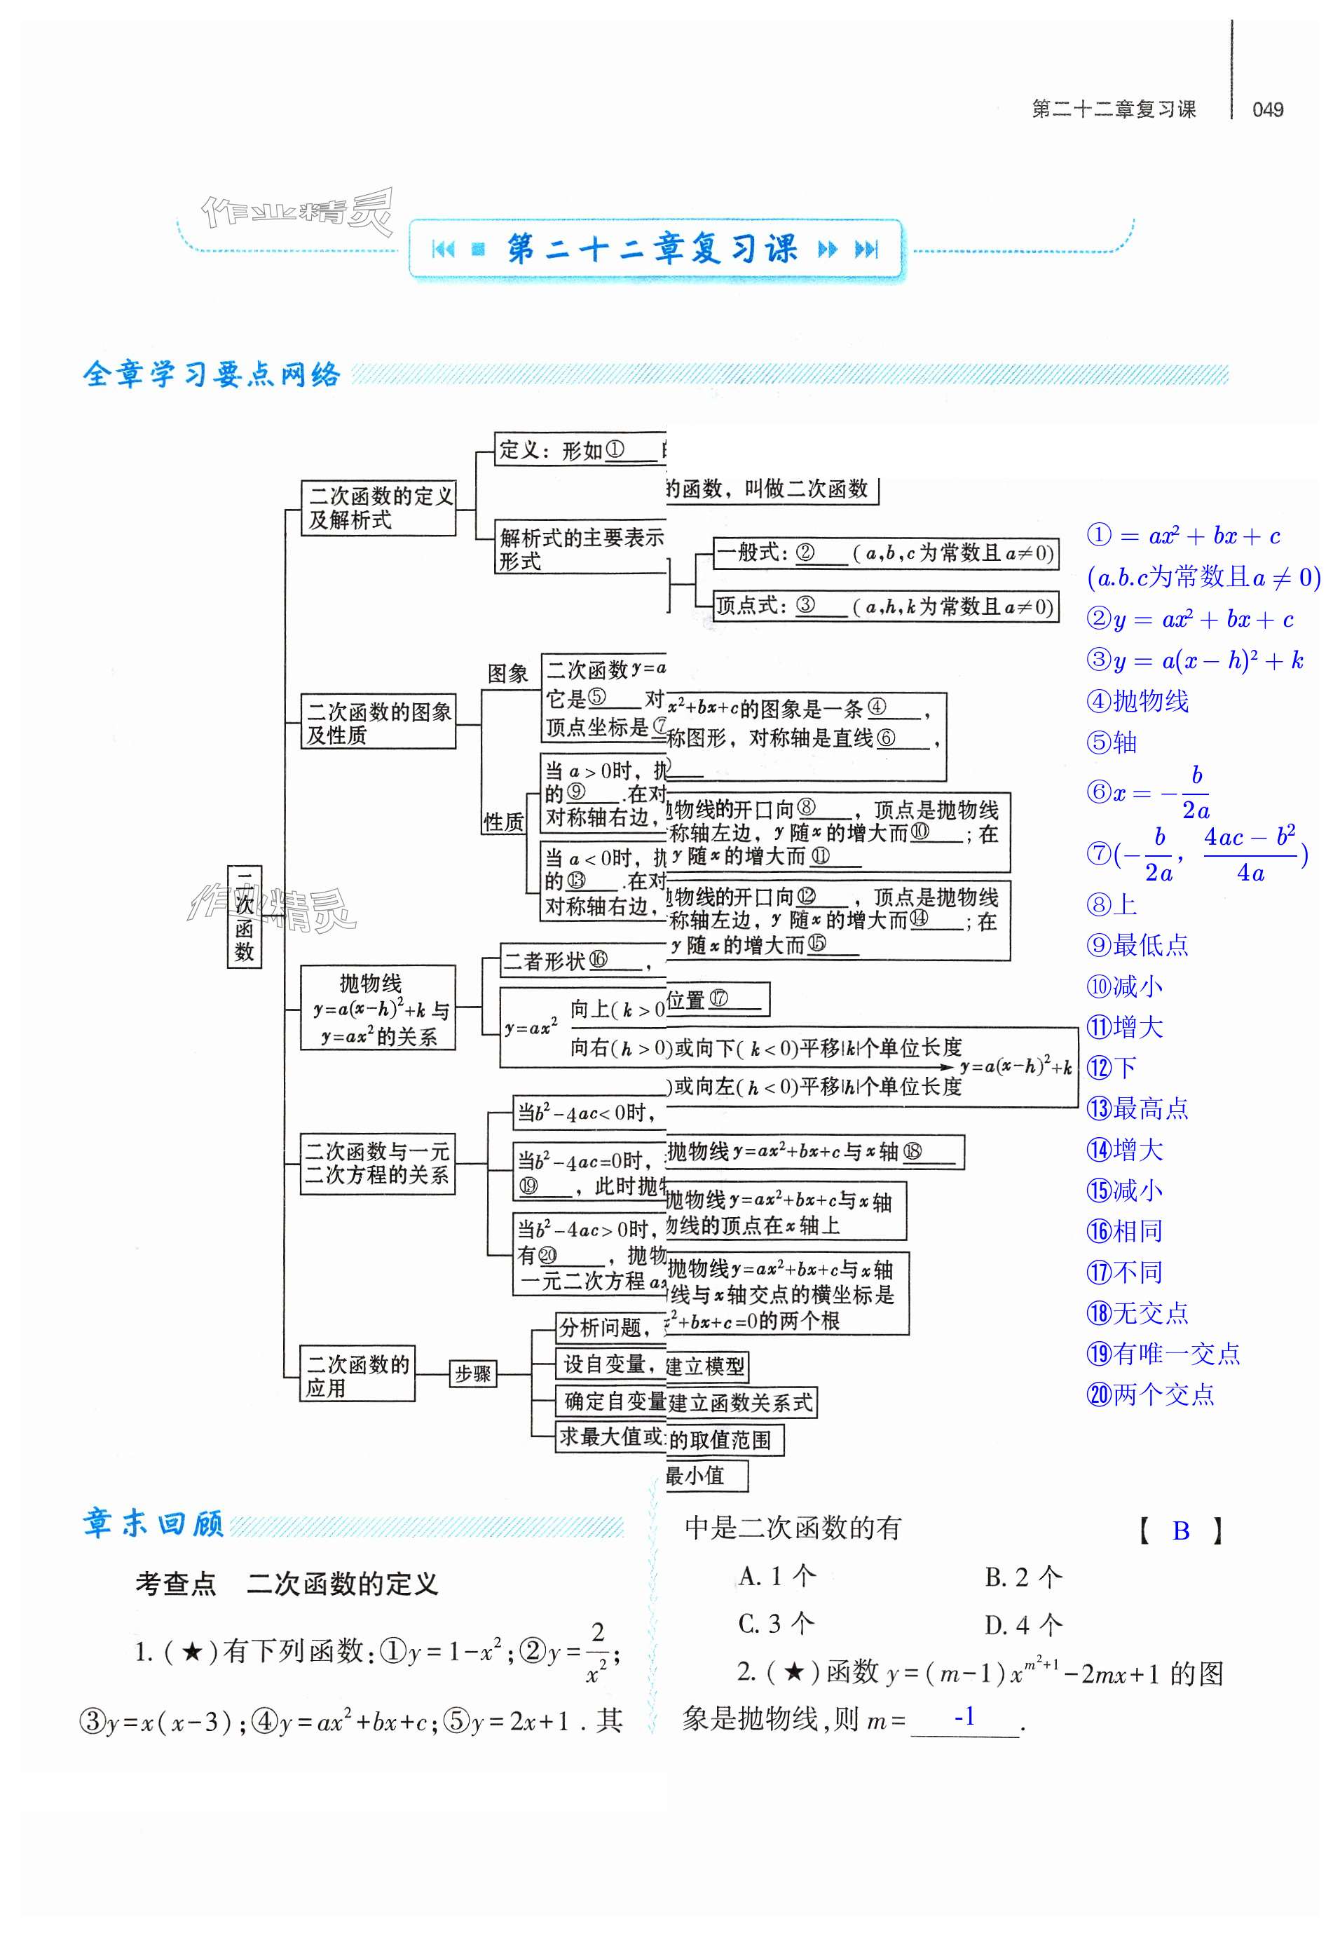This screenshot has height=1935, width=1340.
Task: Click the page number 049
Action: click(1267, 110)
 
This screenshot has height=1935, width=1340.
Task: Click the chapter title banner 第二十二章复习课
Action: click(653, 249)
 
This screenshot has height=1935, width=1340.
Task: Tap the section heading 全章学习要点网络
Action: click(212, 374)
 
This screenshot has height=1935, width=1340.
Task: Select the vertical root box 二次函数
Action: click(245, 916)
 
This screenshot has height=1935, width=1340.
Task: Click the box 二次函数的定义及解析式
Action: click(378, 508)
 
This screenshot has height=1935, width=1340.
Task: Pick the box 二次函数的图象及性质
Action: click(378, 722)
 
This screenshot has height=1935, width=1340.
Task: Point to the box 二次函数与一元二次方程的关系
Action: click(378, 1163)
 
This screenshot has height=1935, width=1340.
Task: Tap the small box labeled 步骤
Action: click(472, 1374)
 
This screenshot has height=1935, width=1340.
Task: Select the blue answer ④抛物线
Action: click(1137, 701)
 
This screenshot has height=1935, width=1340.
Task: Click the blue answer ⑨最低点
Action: click(1137, 946)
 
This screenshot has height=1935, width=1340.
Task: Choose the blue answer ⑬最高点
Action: click(1137, 1108)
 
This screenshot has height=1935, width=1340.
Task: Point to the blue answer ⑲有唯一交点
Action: click(1163, 1354)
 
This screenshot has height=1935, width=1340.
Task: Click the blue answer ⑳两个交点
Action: click(1150, 1395)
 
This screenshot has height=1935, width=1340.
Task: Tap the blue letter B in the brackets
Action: click(1180, 1532)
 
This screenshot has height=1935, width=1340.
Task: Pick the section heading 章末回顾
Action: click(153, 1523)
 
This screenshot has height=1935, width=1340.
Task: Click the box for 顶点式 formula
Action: click(884, 606)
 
